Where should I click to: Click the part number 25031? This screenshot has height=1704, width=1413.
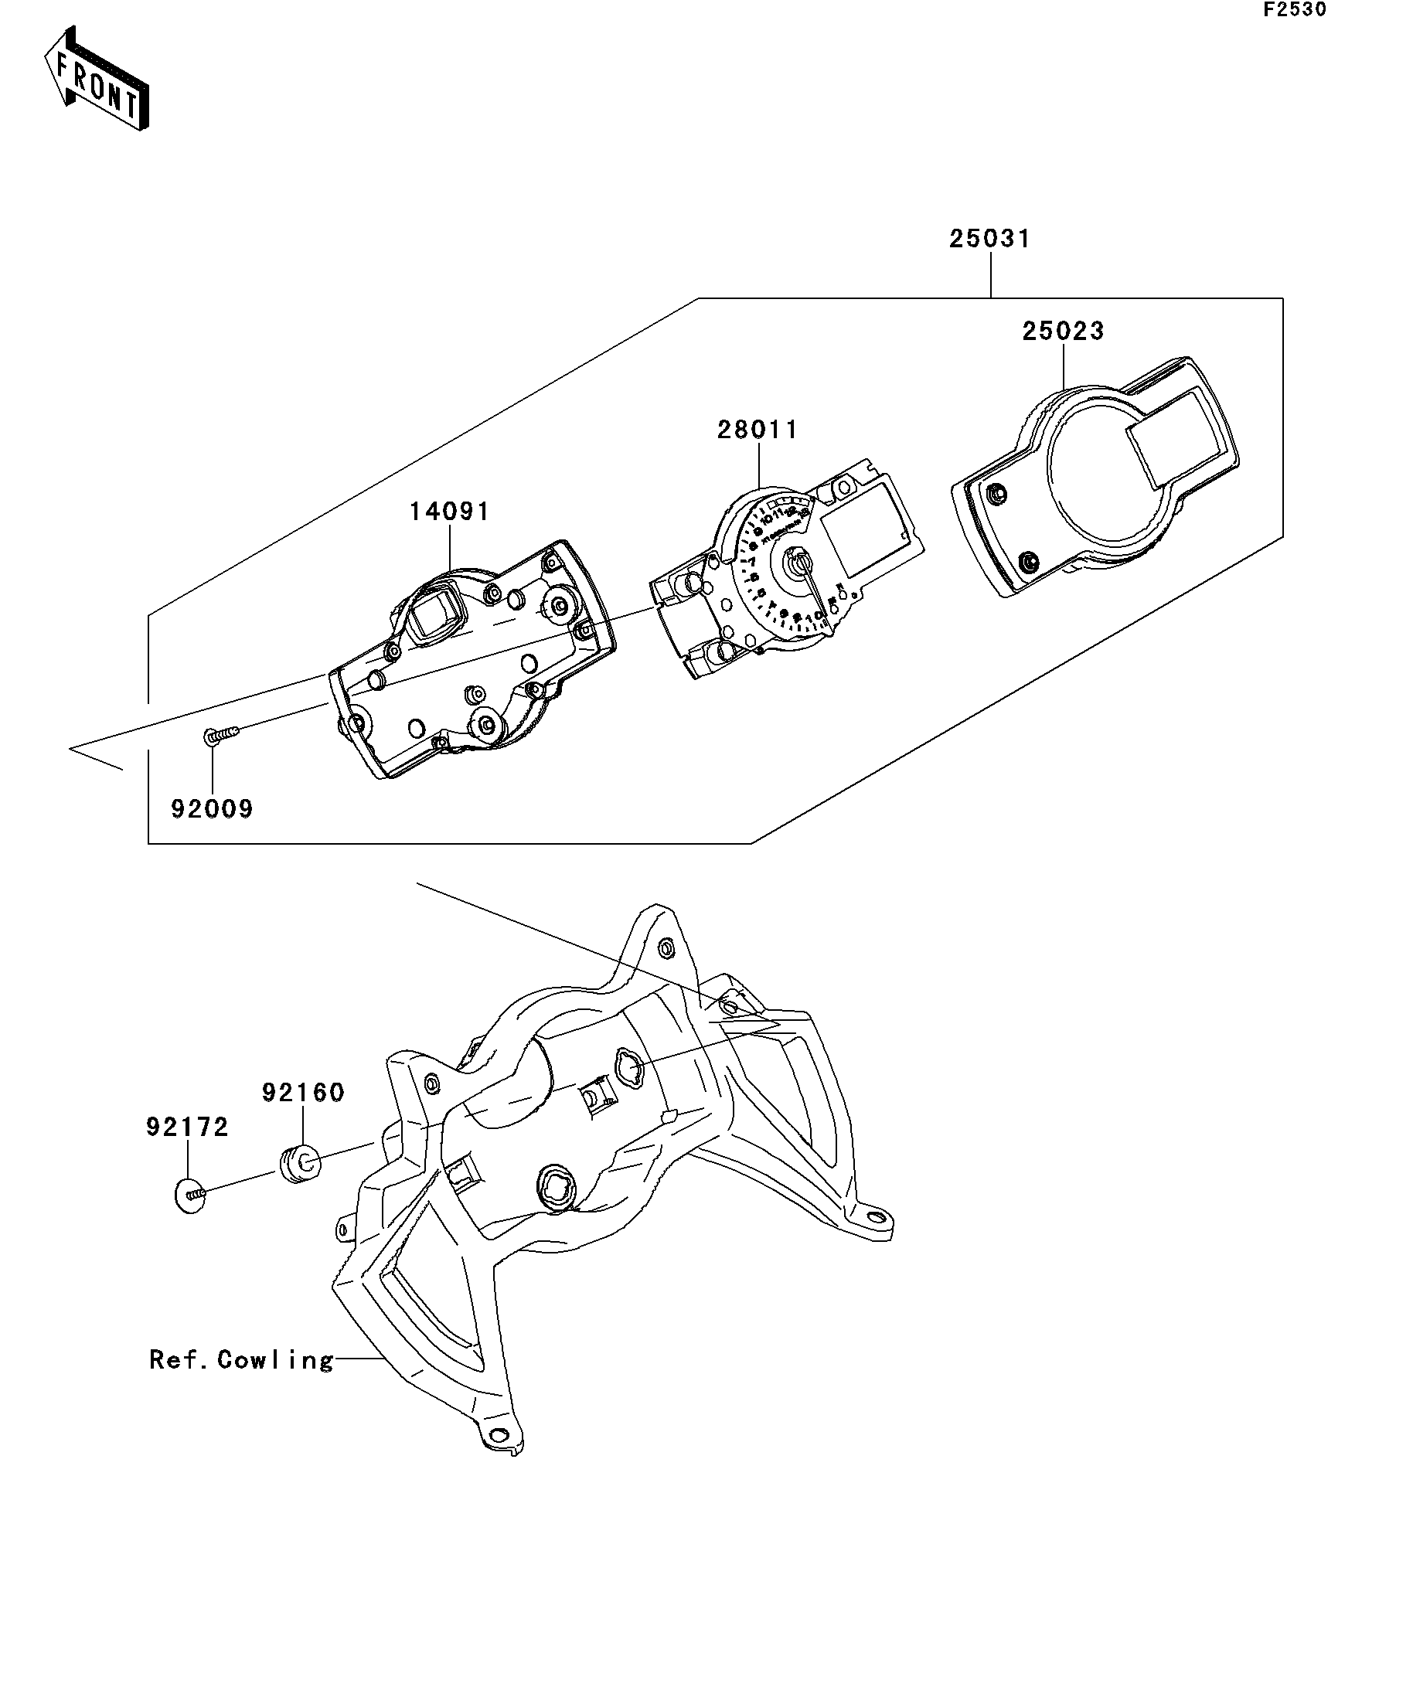point(989,240)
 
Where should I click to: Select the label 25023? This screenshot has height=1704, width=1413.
point(1062,331)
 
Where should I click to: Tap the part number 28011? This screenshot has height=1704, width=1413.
point(758,429)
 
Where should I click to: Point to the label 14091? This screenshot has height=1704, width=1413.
point(449,512)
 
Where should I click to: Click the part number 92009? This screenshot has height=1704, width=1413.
point(212,809)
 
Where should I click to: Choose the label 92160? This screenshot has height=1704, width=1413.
point(303,1093)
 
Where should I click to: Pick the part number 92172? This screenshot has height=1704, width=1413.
point(188,1127)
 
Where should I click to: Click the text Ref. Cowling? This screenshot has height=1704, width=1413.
point(241,1360)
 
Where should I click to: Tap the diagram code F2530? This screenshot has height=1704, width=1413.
point(1294,10)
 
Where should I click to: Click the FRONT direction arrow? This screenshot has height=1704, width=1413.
point(96,79)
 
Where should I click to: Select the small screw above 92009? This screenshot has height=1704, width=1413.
point(221,734)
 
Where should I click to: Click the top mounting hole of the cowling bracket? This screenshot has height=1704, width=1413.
point(666,946)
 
